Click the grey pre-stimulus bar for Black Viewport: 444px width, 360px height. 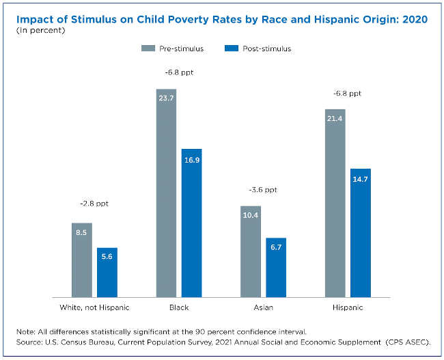pyautogui.click(x=167, y=193)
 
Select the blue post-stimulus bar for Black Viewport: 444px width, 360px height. pyautogui.click(x=192, y=223)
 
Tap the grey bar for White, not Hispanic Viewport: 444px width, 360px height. pyautogui.click(x=82, y=260)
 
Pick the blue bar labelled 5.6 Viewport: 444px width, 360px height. pyautogui.click(x=107, y=272)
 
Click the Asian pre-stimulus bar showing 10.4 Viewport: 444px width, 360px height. pyautogui.click(x=251, y=251)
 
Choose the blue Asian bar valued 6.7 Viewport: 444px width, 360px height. pyautogui.click(x=276, y=267)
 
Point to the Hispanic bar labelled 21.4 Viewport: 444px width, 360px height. pyautogui.click(x=335, y=203)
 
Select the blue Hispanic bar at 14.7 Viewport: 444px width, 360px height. pyautogui.click(x=361, y=232)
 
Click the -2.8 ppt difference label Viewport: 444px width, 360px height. pyautogui.click(x=94, y=204)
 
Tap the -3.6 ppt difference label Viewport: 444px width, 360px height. pyautogui.click(x=263, y=189)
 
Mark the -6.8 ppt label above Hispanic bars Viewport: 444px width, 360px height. pyautogui.click(x=348, y=93)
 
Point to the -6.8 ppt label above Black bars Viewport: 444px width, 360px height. pyautogui.click(x=179, y=72)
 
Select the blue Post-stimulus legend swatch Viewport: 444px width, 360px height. pyautogui.click(x=232, y=49)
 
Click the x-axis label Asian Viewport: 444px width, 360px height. pyautogui.click(x=263, y=308)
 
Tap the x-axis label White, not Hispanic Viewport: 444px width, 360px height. pyautogui.click(x=94, y=308)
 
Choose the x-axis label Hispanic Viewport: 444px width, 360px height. pyautogui.click(x=348, y=308)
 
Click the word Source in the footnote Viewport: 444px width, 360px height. pyautogui.click(x=29, y=341)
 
